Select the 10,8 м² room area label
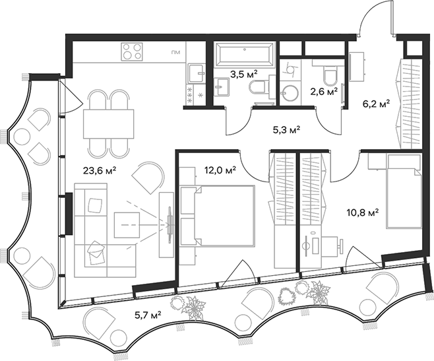363,213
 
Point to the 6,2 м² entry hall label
376,103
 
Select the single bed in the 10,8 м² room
402,191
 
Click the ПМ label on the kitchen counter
175,52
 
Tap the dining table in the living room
108,123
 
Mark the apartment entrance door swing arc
373,16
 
